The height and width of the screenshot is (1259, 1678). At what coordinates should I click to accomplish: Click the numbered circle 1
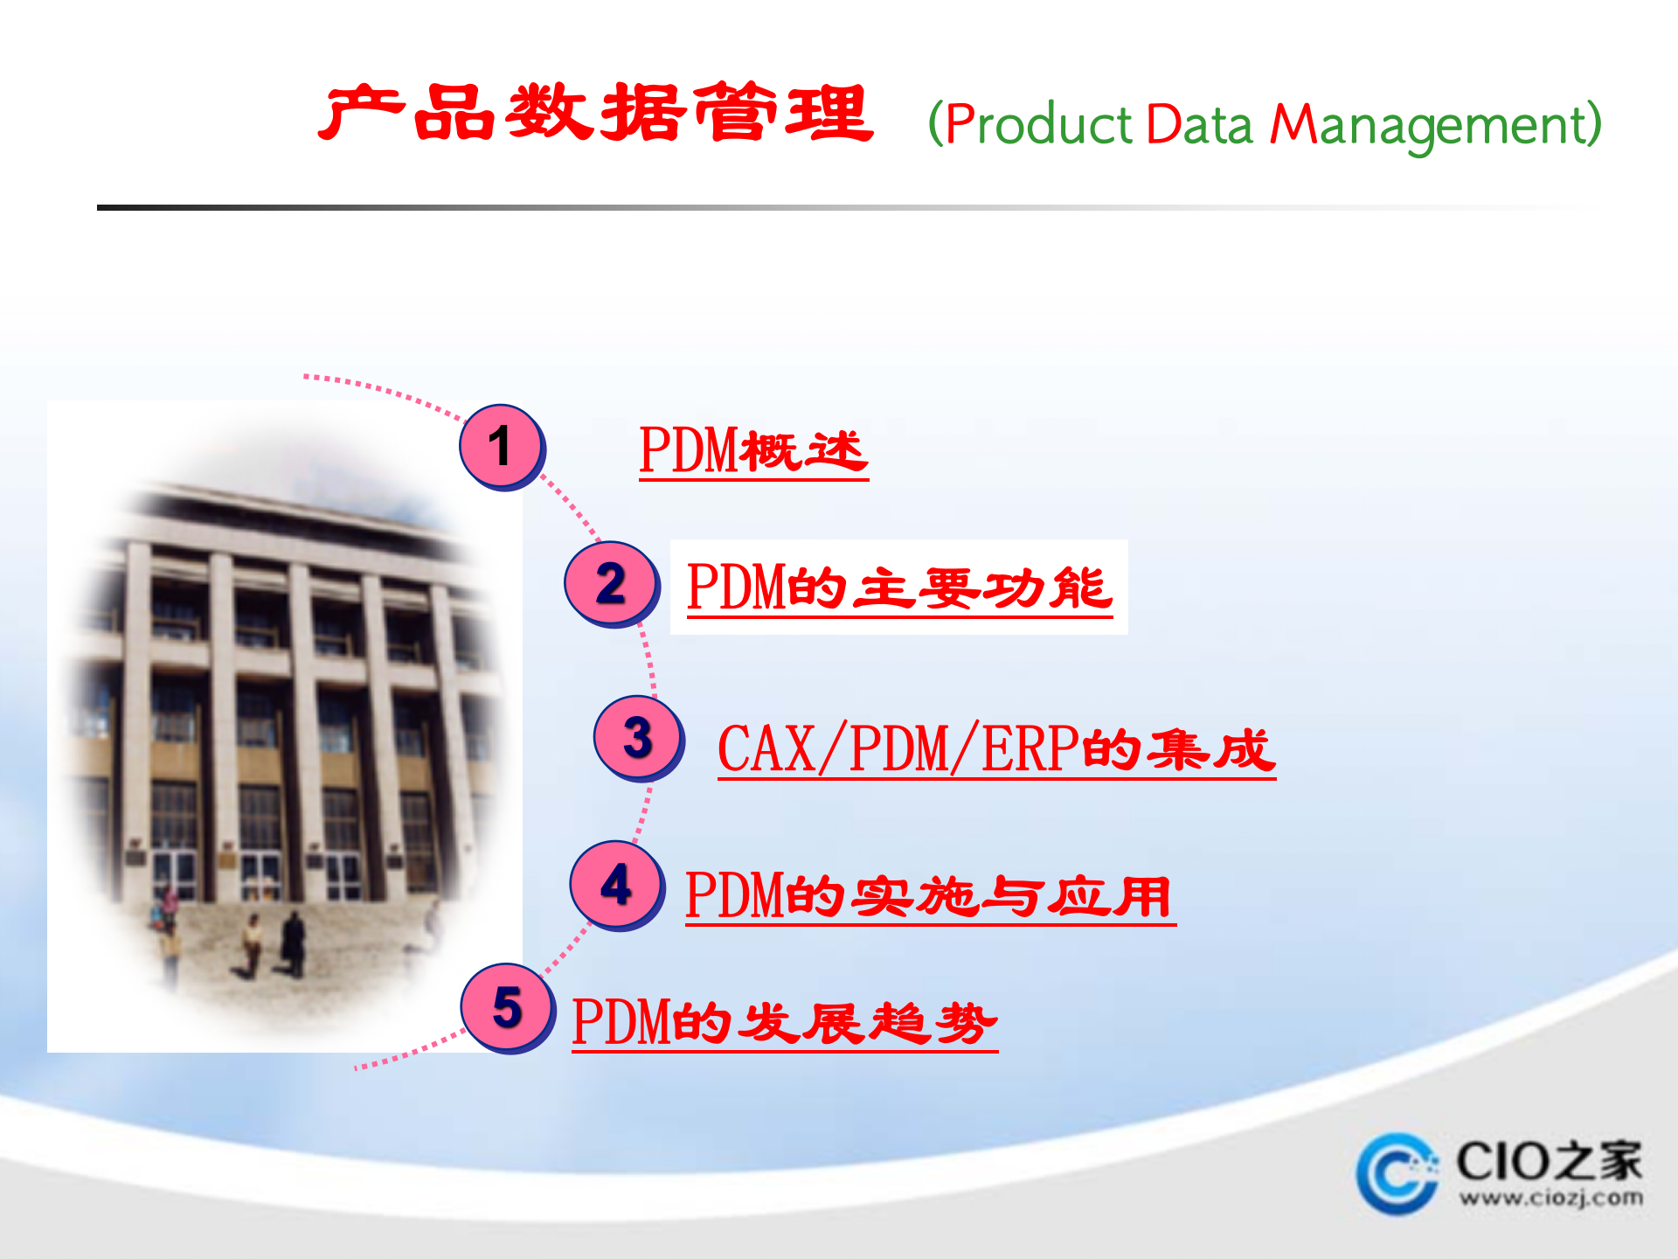(x=501, y=446)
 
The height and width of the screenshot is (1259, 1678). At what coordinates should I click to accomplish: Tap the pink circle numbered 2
(x=610, y=583)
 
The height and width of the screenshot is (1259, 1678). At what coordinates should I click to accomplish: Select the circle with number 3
(x=638, y=737)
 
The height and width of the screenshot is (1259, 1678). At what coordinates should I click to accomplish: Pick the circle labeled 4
(x=616, y=884)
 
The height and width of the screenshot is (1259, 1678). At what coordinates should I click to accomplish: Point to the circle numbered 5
(x=507, y=1007)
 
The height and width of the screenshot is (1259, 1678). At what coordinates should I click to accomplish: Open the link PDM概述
(x=753, y=451)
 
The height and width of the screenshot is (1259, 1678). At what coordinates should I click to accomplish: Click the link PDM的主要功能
(x=899, y=588)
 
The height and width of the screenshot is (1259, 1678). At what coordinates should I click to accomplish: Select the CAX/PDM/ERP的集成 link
(x=996, y=749)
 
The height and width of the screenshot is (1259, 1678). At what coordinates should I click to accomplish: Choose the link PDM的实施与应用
(x=930, y=896)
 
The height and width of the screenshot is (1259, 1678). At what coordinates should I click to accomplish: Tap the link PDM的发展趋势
(x=784, y=1022)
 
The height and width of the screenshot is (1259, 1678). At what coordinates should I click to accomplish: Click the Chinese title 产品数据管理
(x=596, y=114)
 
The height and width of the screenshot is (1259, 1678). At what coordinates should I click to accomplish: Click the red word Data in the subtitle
(x=1199, y=124)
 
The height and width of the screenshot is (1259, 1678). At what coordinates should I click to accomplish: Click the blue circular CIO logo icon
(x=1397, y=1173)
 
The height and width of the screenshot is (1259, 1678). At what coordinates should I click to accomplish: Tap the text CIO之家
(x=1549, y=1161)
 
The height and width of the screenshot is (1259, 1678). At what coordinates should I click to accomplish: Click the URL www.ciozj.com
(x=1550, y=1198)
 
